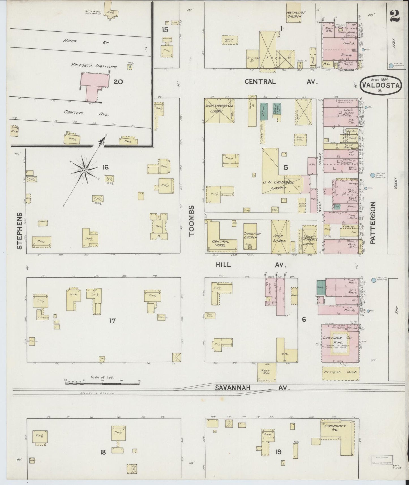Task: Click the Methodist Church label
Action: point(294,15)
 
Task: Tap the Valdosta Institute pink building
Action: point(95,81)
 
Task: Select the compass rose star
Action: point(84,170)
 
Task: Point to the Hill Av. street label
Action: point(251,265)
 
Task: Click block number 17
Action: point(112,321)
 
